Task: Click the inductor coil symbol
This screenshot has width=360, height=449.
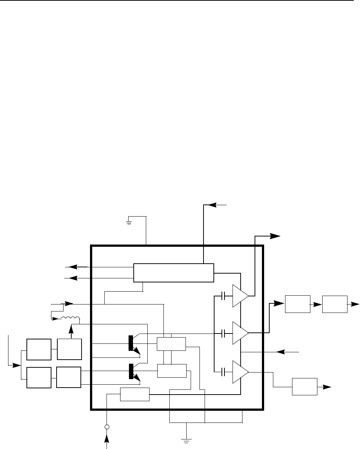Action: click(x=70, y=318)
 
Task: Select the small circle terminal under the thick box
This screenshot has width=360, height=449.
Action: click(x=107, y=427)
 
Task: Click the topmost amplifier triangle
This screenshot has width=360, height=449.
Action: click(x=240, y=295)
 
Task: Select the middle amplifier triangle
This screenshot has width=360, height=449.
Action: click(x=240, y=333)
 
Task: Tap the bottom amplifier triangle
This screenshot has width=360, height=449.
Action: click(x=240, y=372)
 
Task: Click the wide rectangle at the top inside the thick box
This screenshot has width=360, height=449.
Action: click(x=173, y=272)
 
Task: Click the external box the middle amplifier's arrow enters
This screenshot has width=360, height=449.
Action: click(x=297, y=304)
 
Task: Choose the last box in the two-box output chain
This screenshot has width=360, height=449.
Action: click(x=335, y=304)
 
